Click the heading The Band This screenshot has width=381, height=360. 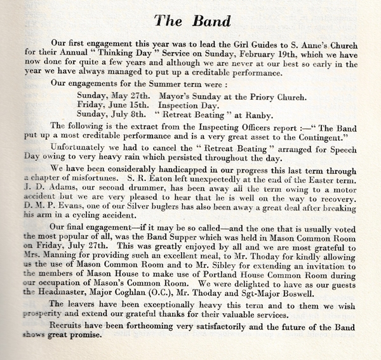[190, 20]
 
